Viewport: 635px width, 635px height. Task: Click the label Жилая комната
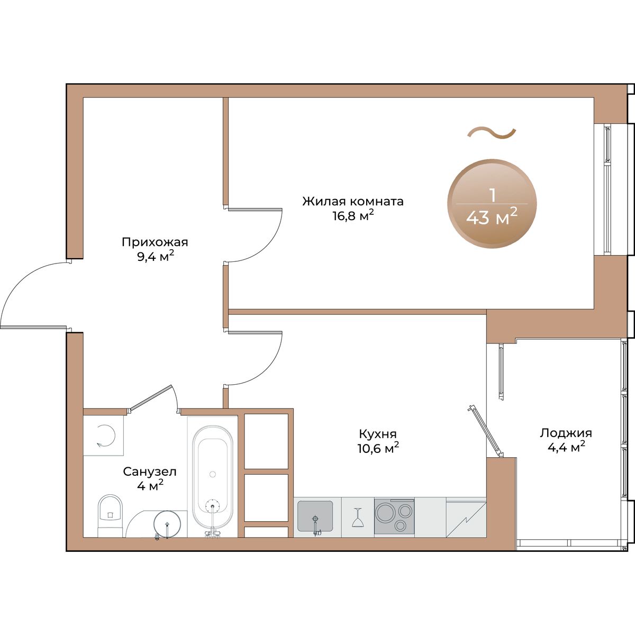tap(352, 201)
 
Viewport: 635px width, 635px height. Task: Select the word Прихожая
tap(155, 242)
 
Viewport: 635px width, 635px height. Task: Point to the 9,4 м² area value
tap(155, 256)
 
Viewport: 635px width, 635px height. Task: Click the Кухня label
tap(378, 434)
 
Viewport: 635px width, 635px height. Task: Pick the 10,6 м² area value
tap(379, 448)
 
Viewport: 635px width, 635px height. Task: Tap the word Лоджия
tap(566, 433)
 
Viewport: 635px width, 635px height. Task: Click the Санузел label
tap(150, 471)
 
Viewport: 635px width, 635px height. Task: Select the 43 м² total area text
tap(492, 216)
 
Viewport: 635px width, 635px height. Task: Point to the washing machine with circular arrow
tap(103, 436)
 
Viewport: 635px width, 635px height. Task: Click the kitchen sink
tap(315, 516)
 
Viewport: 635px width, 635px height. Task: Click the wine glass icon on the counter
tap(357, 518)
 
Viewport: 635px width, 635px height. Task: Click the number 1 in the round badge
tap(493, 195)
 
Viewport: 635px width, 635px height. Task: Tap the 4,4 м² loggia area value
tap(566, 447)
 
